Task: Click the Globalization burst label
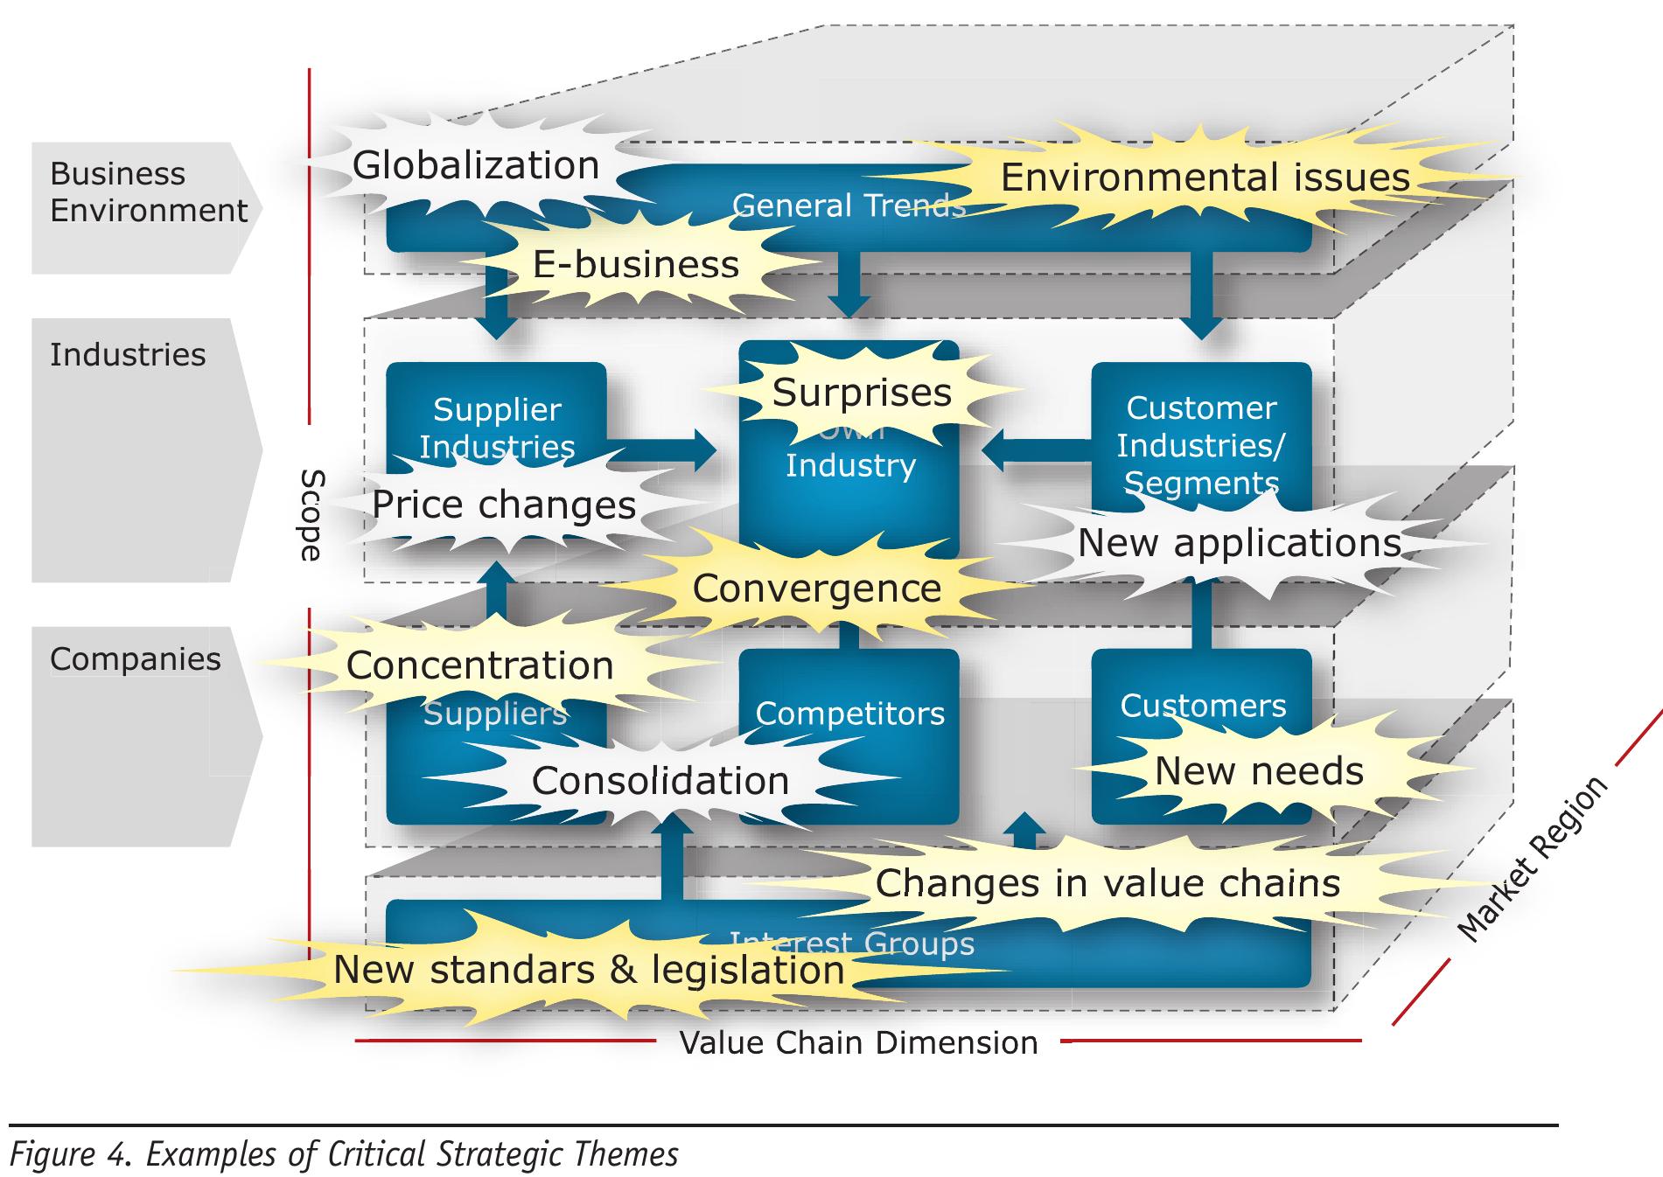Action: click(475, 166)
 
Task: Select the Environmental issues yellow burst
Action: click(1205, 178)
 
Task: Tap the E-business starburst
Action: click(635, 264)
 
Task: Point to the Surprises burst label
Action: click(861, 393)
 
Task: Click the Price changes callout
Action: click(503, 505)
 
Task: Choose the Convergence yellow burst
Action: click(816, 588)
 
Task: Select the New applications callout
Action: click(1239, 543)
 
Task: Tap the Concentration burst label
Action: click(479, 666)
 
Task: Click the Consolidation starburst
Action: click(660, 781)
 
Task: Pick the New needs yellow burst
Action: click(1258, 771)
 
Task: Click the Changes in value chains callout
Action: click(1107, 883)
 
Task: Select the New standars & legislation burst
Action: click(588, 970)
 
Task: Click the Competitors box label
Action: click(849, 714)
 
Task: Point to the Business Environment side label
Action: click(147, 192)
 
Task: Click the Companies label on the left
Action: click(135, 659)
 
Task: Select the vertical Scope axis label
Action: click(311, 515)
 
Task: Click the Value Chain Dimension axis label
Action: click(858, 1043)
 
